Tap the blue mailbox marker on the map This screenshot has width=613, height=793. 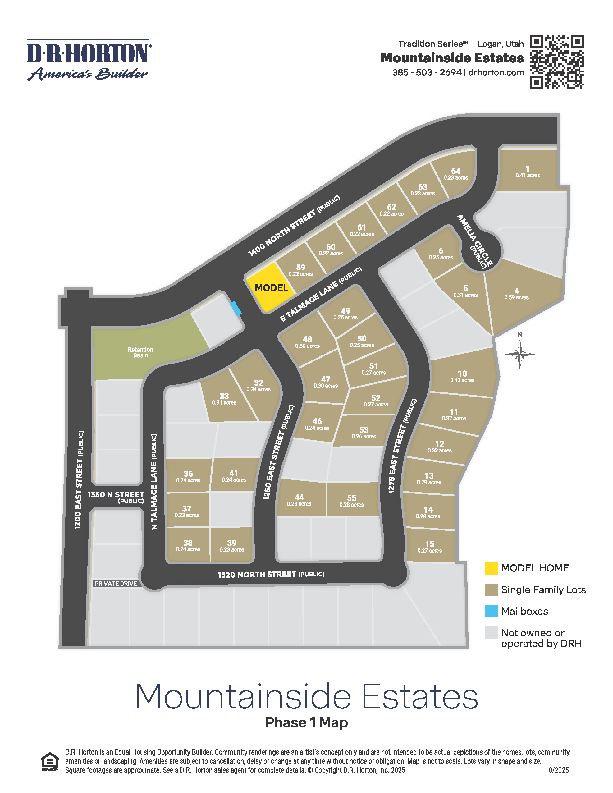[236, 308]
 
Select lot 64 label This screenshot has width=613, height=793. [455, 174]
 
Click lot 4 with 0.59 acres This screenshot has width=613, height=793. [516, 293]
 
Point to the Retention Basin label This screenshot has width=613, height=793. [140, 352]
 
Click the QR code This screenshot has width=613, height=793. [556, 62]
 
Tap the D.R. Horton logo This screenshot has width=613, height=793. [89, 60]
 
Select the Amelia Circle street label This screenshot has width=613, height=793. [475, 241]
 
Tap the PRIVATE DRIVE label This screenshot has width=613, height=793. [116, 584]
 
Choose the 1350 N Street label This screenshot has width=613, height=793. [116, 497]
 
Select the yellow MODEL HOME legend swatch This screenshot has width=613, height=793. [491, 568]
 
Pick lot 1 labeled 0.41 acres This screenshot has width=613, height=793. [527, 172]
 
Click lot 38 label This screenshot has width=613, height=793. [188, 545]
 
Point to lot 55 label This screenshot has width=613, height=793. [351, 501]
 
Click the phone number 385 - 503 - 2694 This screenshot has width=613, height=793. [427, 72]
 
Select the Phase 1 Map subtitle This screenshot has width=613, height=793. [306, 722]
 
